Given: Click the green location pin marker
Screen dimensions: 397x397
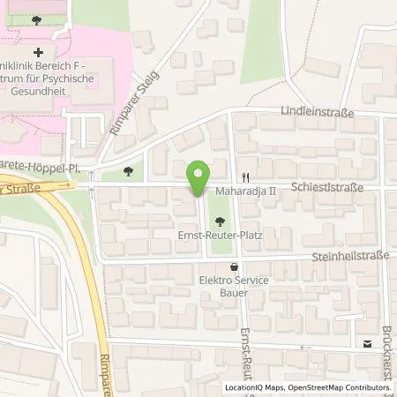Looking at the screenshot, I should [198, 176].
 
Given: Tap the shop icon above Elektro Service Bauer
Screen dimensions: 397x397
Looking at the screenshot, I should [234, 266].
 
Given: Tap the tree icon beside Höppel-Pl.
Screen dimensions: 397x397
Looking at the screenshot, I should [130, 171].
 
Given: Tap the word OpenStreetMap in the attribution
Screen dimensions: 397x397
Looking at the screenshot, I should [315, 388].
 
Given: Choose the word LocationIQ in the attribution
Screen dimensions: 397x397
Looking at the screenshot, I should [243, 388].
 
